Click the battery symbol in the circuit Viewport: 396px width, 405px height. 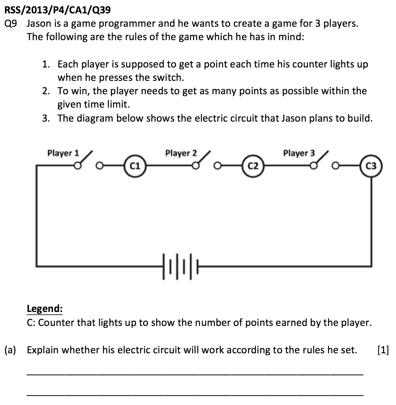(180, 267)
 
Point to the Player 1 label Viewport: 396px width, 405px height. (63, 153)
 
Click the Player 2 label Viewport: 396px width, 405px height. (181, 153)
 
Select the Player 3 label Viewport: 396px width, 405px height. (299, 153)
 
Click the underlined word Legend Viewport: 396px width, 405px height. (44, 309)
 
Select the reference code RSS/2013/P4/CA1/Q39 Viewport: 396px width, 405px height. (57, 10)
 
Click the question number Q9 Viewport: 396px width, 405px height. (11, 24)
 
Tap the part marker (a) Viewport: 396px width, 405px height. (10, 350)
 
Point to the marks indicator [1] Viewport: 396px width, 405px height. (383, 350)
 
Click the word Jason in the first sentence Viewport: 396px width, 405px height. (39, 23)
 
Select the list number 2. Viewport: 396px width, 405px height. (46, 91)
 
